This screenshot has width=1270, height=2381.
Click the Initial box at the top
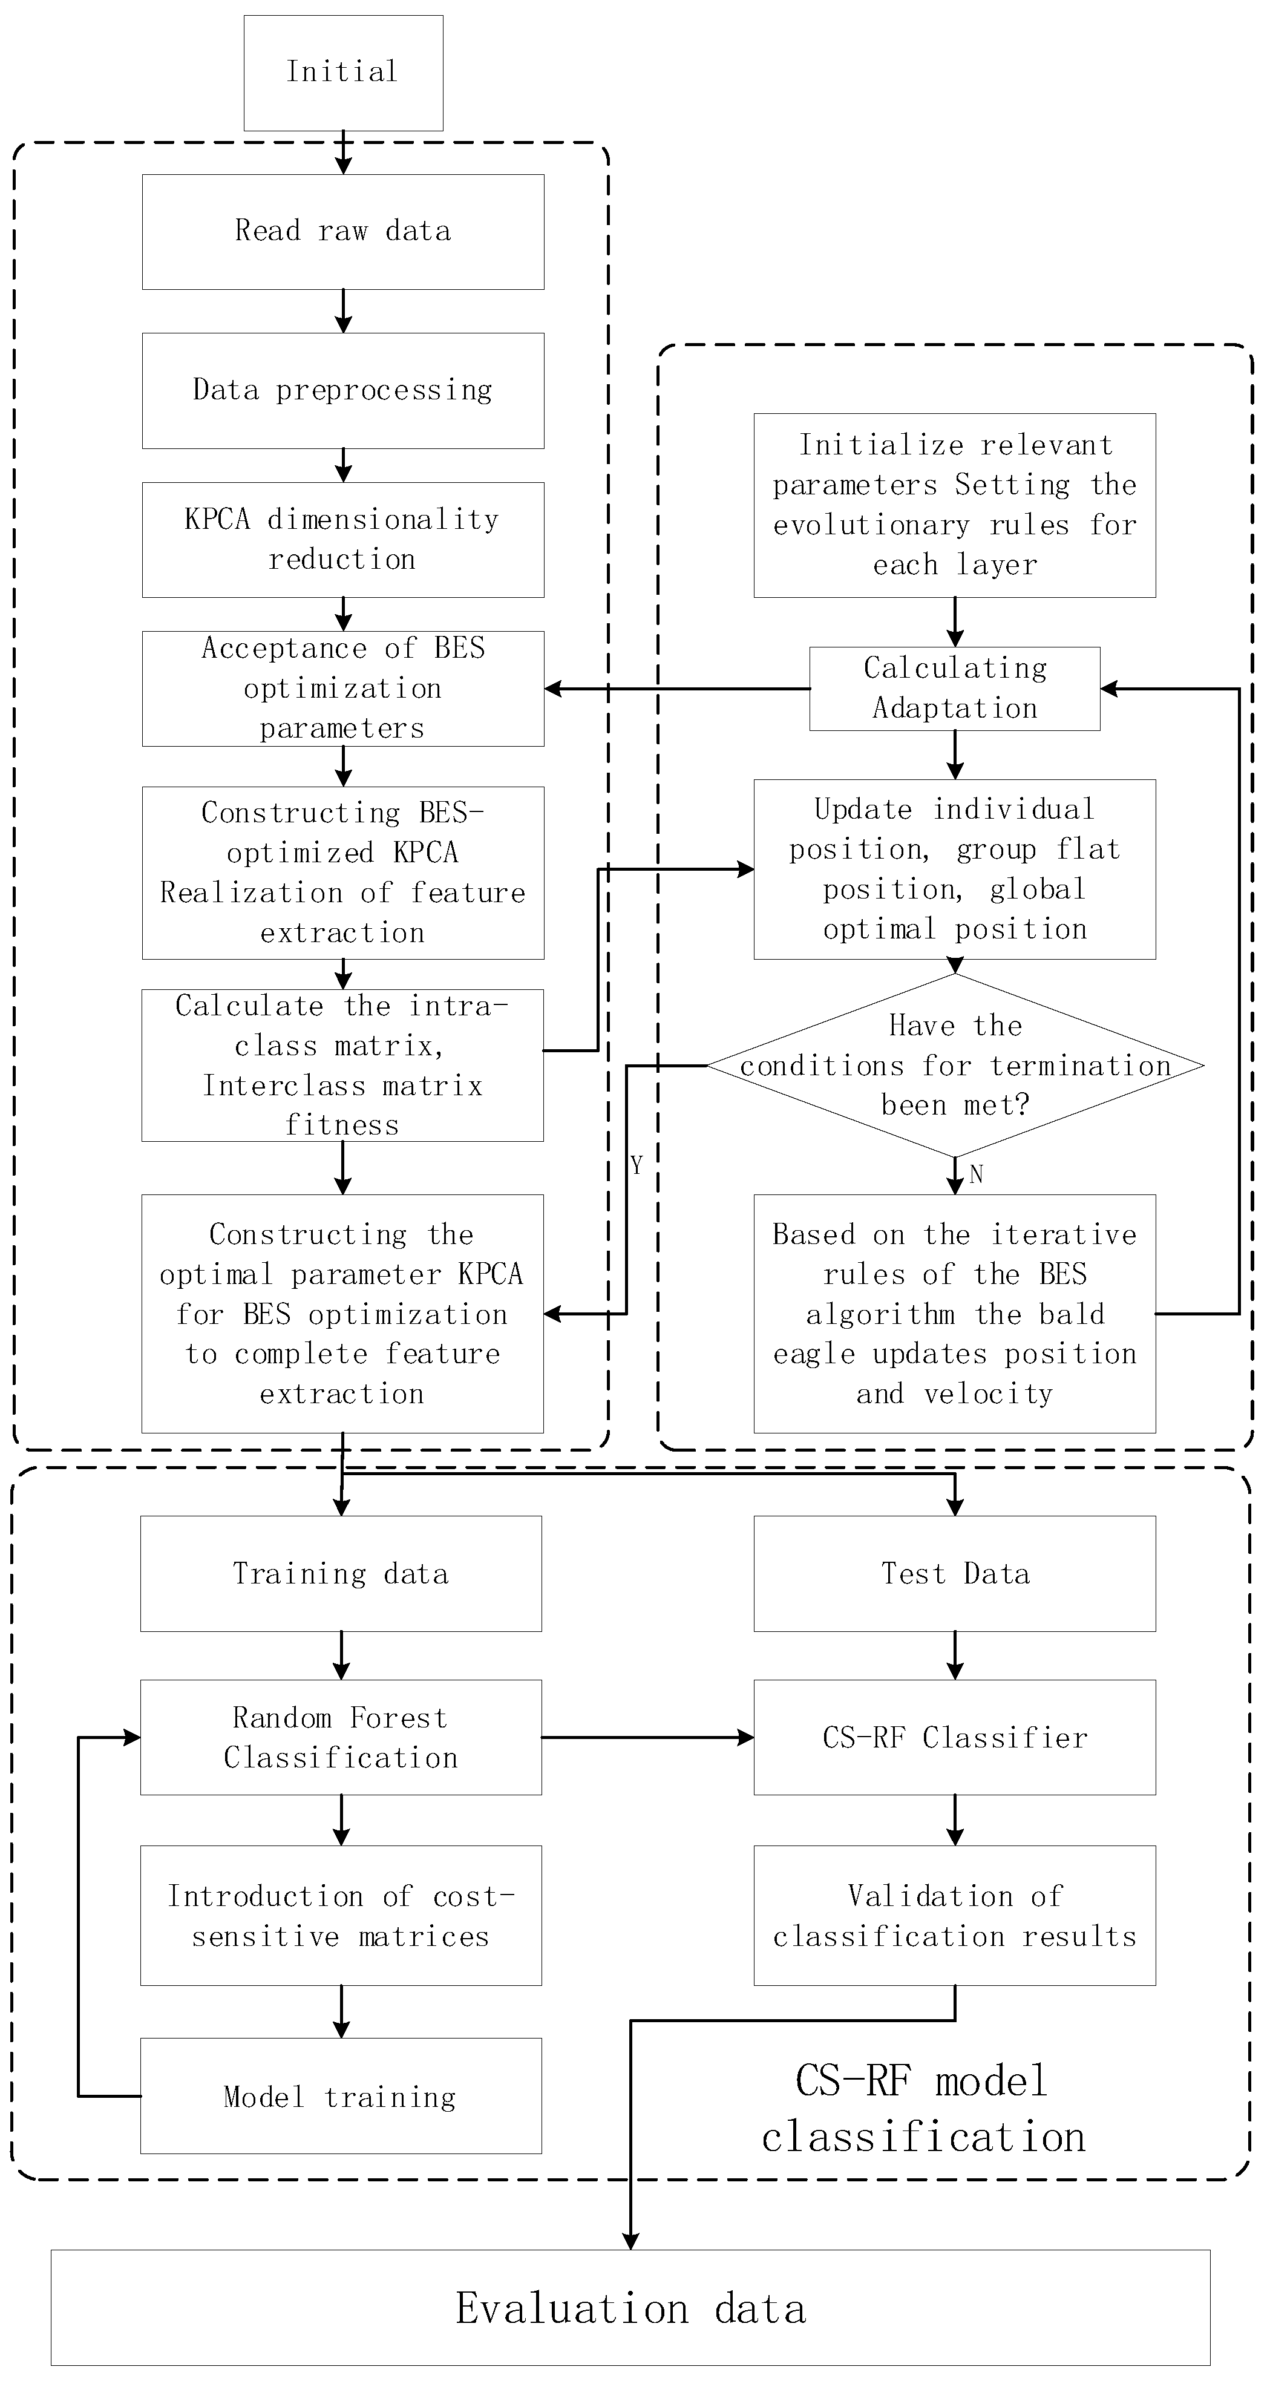(343, 72)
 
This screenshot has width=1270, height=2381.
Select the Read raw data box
(343, 231)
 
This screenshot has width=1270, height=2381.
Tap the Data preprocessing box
(343, 390)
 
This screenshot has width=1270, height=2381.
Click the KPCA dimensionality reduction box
(343, 539)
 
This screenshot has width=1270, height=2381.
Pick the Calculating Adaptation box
(955, 688)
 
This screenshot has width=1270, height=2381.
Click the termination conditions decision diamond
(955, 1065)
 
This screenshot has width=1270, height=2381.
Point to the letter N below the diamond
(976, 1175)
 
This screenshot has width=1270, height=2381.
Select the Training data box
(341, 1573)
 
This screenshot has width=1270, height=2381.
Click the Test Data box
(955, 1573)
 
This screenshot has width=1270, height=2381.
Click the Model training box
(341, 2097)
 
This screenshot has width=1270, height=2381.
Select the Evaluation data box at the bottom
(630, 2308)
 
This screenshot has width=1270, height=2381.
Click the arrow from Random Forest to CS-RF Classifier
(647, 1738)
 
